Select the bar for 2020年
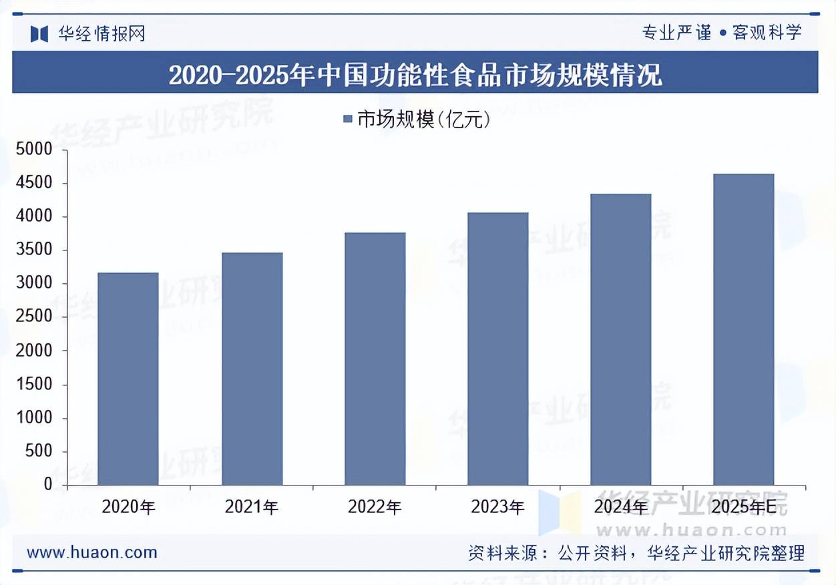pos(128,379)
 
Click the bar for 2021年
pos(252,369)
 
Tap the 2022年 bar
pos(375,359)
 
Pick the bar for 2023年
pos(497,349)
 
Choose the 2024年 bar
pos(620,339)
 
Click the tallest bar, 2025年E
pos(743,329)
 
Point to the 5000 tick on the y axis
pos(33,150)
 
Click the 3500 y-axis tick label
pos(33,250)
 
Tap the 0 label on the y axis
pos(48,485)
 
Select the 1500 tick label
pos(33,385)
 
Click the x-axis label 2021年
pos(252,507)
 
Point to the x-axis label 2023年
pos(497,507)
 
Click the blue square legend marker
pos(347,120)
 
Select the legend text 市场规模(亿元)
pos(424,120)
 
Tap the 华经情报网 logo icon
pos(39,33)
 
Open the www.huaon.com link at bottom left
pos(92,552)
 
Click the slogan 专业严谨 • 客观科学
pos(721,32)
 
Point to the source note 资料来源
pos(636,553)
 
